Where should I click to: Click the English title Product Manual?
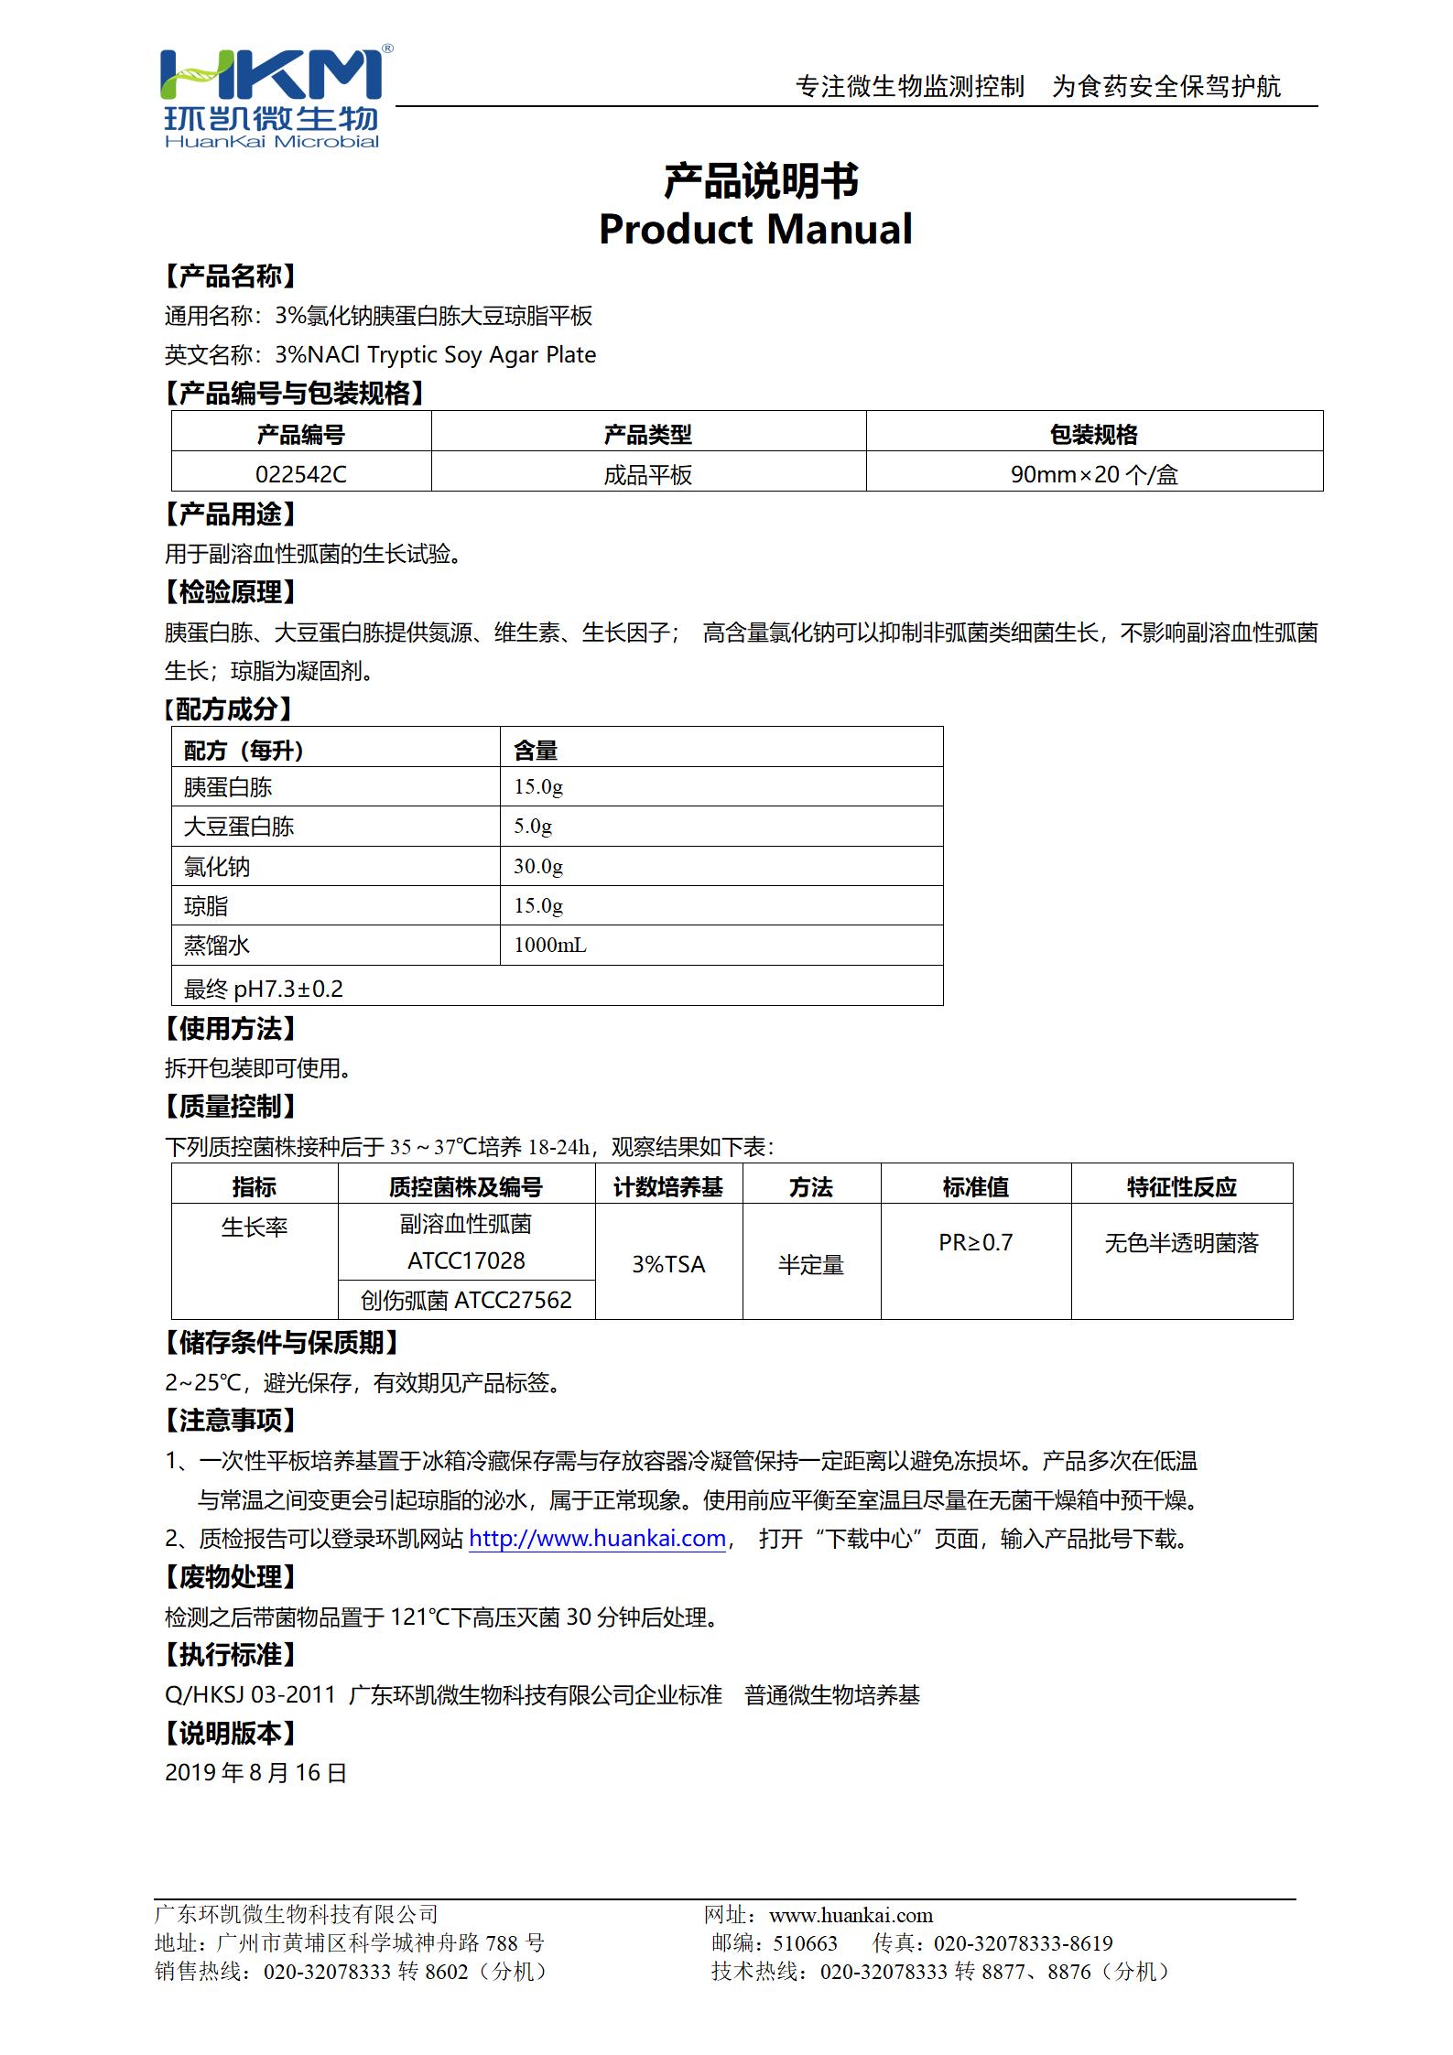(x=755, y=229)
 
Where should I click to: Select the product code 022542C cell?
(x=301, y=474)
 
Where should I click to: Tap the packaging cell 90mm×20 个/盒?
(x=1093, y=474)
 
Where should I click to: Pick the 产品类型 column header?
(x=647, y=434)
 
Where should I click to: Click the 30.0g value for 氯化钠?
(x=538, y=866)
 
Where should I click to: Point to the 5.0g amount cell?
(x=533, y=826)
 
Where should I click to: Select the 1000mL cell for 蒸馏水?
(x=550, y=945)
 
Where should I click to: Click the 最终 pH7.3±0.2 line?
(x=264, y=989)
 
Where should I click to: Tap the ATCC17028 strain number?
(x=466, y=1260)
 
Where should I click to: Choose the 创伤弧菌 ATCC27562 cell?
(x=466, y=1300)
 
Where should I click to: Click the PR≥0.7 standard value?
(x=975, y=1242)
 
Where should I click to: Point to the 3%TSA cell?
(x=668, y=1264)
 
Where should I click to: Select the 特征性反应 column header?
(x=1181, y=1187)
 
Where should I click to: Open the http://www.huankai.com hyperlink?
(x=597, y=1538)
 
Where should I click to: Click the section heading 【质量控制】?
(x=230, y=1107)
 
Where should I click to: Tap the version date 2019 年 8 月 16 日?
(x=255, y=1772)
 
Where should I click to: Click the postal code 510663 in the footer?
(x=805, y=1943)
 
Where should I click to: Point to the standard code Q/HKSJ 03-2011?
(x=250, y=1694)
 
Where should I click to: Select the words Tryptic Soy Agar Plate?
(x=482, y=355)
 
